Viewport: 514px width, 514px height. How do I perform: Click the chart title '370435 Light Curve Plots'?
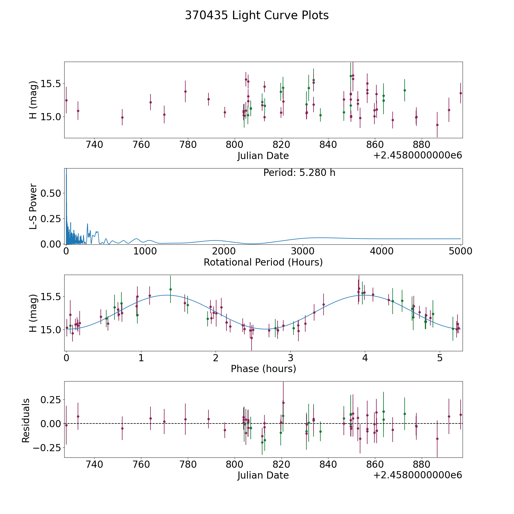coord(257,15)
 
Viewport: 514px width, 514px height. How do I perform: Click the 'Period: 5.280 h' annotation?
coord(299,173)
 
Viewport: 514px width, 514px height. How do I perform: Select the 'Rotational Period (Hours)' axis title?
coord(263,262)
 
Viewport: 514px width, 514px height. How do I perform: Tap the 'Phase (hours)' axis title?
coord(263,369)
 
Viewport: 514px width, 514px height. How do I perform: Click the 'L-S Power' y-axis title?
coord(33,206)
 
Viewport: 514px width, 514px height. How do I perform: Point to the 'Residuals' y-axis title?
coord(26,420)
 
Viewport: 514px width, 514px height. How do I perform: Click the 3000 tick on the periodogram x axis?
coord(303,251)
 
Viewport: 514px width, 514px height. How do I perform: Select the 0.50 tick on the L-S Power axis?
coord(51,193)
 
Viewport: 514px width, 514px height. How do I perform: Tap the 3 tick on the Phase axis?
coord(290,358)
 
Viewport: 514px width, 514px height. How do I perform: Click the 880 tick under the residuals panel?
coord(421,465)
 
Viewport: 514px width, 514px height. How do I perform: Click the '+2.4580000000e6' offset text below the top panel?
coord(417,156)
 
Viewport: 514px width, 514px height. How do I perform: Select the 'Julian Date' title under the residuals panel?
coord(263,475)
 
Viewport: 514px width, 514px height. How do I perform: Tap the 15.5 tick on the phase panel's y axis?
coord(51,297)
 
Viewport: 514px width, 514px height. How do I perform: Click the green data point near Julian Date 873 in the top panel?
coord(405,90)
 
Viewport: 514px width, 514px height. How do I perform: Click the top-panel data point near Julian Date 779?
coord(185,91)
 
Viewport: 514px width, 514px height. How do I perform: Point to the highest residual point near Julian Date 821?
coord(283,403)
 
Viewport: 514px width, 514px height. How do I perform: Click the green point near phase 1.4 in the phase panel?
coord(170,289)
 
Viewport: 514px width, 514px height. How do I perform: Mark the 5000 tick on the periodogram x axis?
coord(461,251)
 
